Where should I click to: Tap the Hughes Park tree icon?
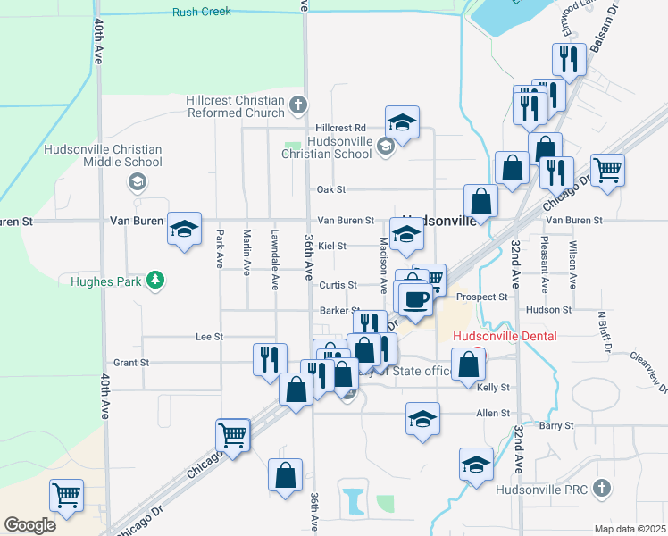(x=156, y=281)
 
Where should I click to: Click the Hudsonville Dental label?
(x=505, y=337)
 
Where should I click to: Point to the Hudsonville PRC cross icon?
(x=603, y=489)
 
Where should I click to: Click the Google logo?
(x=29, y=525)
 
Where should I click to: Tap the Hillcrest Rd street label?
(x=336, y=128)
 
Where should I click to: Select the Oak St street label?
(x=330, y=189)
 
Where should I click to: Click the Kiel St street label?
(x=331, y=245)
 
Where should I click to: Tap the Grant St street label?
(x=131, y=364)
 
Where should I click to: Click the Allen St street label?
(x=492, y=414)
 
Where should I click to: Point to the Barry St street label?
(x=555, y=425)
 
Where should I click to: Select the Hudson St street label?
(x=548, y=310)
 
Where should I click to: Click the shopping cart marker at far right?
(x=607, y=169)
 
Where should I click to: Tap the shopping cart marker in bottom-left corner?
(x=66, y=495)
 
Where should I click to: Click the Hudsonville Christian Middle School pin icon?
(x=137, y=183)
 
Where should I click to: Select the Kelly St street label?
(x=493, y=388)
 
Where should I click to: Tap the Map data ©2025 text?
(x=630, y=529)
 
